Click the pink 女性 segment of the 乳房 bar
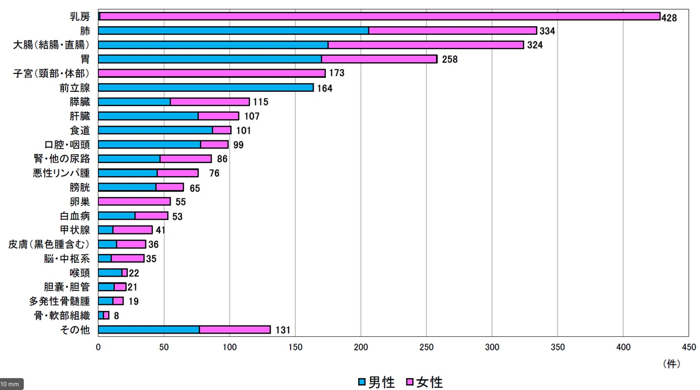(x=379, y=16)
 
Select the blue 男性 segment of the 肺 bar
(x=233, y=31)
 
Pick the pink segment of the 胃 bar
(x=379, y=59)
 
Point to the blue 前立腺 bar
(x=205, y=88)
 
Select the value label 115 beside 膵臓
(x=260, y=102)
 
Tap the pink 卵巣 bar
(x=134, y=202)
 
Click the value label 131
(x=282, y=330)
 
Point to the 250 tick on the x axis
(x=426, y=347)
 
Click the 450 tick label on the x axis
(x=689, y=347)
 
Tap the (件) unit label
(x=672, y=363)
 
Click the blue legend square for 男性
(x=362, y=382)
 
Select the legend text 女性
(x=429, y=382)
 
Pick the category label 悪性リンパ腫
(x=61, y=173)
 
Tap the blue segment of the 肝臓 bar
(x=148, y=116)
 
